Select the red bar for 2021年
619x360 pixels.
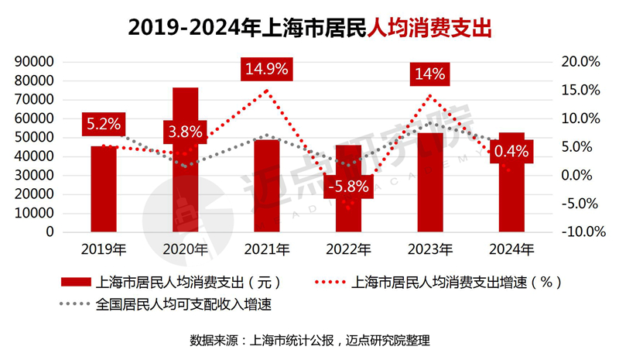(267, 185)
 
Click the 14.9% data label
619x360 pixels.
(266, 68)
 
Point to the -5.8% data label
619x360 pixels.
(348, 187)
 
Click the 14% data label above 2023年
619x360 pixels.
(429, 74)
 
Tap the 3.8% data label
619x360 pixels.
(185, 131)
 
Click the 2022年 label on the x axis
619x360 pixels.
(348, 249)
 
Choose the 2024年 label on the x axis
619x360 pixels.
(512, 249)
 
